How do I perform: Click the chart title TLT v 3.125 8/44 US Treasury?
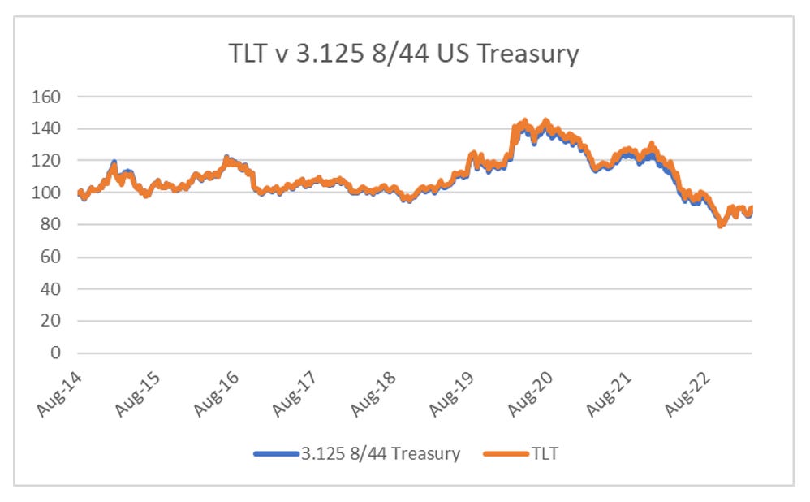point(403,54)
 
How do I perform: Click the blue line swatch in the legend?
point(276,454)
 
